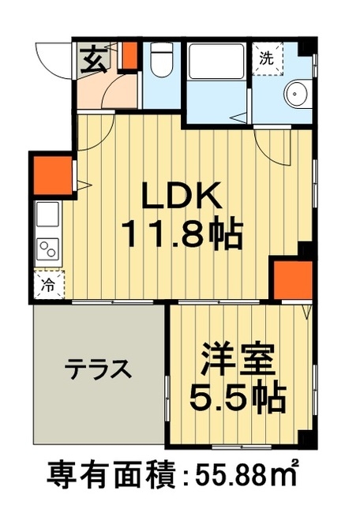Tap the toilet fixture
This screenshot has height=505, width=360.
pos(160,60)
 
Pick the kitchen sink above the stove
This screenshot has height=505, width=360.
pos(45,214)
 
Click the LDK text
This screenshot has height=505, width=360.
pos(180,195)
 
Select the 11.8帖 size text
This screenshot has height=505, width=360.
pos(180,233)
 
